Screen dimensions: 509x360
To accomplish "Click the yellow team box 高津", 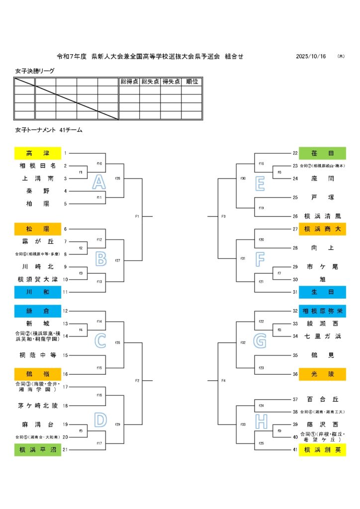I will [38, 153].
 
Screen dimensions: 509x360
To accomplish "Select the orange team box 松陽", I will [38, 229].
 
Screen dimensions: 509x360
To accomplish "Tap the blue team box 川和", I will [38, 292].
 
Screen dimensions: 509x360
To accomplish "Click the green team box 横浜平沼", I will [38, 450].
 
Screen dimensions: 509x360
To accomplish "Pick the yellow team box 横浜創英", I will [322, 450].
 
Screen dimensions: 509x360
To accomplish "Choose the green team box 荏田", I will [322, 153].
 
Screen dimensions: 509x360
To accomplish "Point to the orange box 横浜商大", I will [322, 229].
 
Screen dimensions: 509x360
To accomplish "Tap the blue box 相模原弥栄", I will [322, 311].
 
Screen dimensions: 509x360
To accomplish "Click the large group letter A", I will [99, 182].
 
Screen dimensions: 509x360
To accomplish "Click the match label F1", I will [137, 216].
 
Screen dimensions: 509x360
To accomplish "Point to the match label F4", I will [223, 381].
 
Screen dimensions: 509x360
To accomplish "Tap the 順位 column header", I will [192, 82].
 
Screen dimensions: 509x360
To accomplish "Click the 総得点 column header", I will [129, 82].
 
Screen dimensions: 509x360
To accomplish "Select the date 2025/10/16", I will [311, 57].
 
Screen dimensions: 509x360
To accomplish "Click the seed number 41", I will [294, 450].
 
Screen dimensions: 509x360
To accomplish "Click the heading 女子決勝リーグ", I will [35, 71].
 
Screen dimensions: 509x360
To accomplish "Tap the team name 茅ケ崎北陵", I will [38, 406].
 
